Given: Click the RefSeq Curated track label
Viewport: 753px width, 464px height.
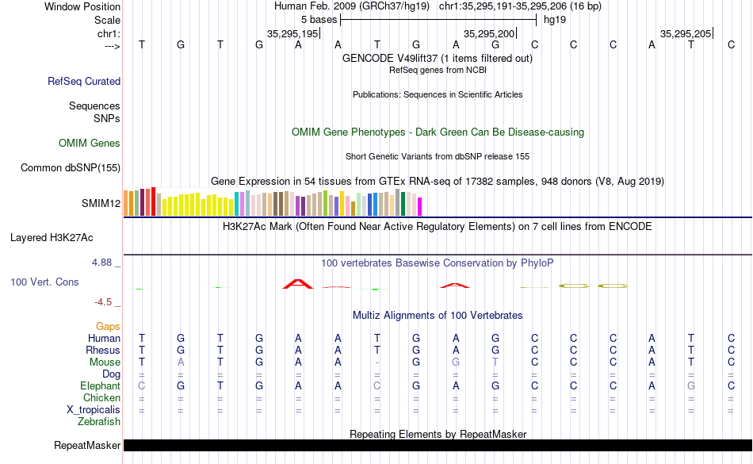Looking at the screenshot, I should click(x=84, y=81).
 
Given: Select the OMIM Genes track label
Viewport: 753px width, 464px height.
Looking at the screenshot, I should click(x=90, y=144).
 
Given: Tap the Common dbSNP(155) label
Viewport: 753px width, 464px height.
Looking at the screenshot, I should click(x=71, y=167).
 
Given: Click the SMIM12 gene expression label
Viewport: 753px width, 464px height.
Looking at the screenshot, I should click(x=101, y=203).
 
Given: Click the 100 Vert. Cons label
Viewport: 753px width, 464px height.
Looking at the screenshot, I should click(x=44, y=282).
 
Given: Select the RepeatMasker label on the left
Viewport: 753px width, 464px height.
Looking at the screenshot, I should click(x=87, y=446).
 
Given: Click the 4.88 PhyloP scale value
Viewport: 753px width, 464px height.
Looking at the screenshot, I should click(x=105, y=262).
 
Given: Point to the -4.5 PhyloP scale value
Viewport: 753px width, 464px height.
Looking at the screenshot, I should click(x=106, y=302).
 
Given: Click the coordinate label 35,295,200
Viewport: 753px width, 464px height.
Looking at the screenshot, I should click(x=489, y=33).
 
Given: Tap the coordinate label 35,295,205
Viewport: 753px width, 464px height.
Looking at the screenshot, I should click(x=686, y=33).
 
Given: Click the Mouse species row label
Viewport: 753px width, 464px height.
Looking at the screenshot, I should click(x=105, y=362).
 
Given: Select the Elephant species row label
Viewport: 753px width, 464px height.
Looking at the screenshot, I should click(x=101, y=386).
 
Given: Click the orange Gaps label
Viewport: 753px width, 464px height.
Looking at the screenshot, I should click(x=108, y=326).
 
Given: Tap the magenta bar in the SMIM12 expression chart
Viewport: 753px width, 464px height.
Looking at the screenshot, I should click(x=420, y=206).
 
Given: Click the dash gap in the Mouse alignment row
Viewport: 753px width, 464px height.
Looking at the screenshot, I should click(x=377, y=362).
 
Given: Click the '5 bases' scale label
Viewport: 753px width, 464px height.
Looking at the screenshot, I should click(x=319, y=19).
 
